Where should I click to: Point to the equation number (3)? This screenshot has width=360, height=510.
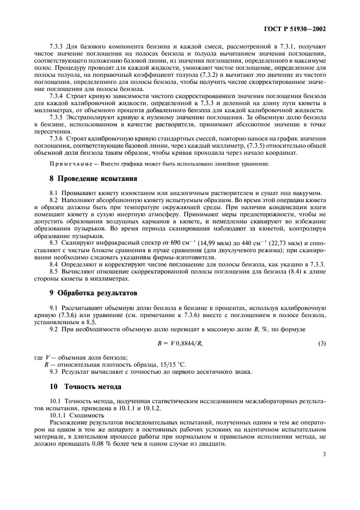(321, 342)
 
